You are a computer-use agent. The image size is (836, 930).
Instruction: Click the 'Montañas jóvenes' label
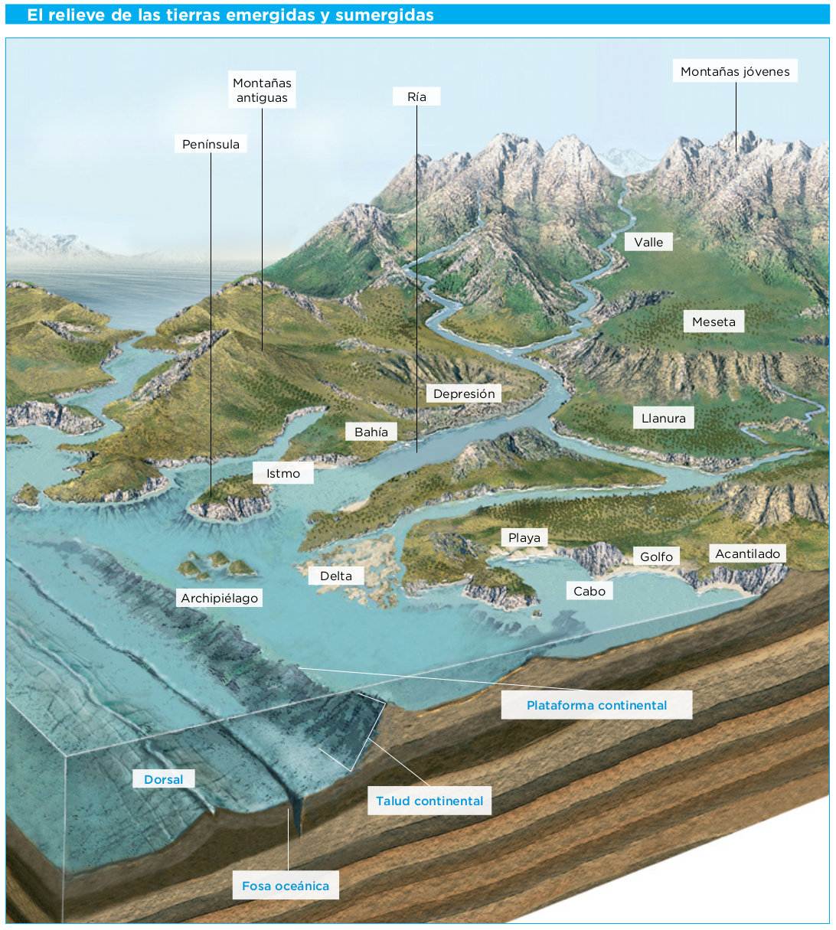tap(735, 71)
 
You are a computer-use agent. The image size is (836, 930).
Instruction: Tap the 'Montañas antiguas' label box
tap(262, 90)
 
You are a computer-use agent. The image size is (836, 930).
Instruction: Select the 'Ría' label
tap(416, 96)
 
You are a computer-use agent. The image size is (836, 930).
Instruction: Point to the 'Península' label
tap(211, 144)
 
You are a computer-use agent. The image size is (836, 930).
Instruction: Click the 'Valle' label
tap(648, 242)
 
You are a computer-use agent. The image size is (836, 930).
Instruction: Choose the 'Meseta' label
tap(714, 321)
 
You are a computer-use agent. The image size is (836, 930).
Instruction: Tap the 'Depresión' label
tap(464, 393)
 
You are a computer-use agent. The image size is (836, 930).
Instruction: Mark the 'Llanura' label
tap(664, 418)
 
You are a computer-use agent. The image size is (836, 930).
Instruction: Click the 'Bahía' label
tap(371, 432)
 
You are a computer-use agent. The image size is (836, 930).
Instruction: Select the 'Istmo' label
tap(282, 473)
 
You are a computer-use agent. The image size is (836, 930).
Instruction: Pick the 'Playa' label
tap(524, 538)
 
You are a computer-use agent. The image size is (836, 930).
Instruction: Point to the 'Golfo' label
tap(656, 556)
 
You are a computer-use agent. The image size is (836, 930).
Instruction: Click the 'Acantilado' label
tap(747, 553)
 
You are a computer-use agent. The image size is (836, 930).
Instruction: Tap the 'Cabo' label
tap(589, 591)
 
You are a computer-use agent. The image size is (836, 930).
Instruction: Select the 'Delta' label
tap(336, 576)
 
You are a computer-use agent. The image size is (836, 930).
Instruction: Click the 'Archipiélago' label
tap(219, 598)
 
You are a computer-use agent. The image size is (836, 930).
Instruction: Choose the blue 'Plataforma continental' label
tap(596, 705)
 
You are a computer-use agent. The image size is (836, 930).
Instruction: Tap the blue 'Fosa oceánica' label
tap(286, 886)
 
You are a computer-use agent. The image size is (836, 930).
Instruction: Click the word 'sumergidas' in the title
tap(384, 15)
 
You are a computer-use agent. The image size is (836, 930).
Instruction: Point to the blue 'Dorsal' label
tap(164, 779)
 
